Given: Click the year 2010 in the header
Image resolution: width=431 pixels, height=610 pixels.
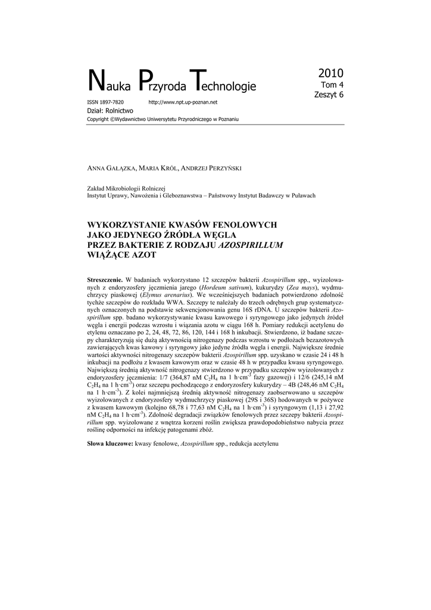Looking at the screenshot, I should (330, 74).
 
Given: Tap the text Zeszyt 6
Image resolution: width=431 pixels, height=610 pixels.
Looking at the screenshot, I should (329, 94).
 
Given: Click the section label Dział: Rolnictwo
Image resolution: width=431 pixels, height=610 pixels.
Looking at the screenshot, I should (110, 111).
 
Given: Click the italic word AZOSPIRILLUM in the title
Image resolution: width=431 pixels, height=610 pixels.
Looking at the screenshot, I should (250, 244).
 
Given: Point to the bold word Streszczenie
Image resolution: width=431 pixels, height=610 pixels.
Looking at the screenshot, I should (105, 279).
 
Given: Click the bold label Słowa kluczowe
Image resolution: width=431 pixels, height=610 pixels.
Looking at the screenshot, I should (110, 444).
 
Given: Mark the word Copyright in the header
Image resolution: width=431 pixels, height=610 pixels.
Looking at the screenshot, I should (98, 119).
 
